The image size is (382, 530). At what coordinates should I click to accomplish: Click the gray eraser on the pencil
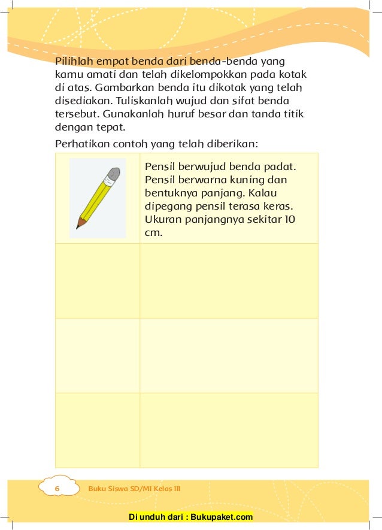click(112, 174)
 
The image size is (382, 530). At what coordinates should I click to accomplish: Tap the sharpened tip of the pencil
click(78, 226)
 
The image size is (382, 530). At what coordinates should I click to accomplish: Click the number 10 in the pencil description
click(289, 219)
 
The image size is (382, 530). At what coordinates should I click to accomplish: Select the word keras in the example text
click(284, 206)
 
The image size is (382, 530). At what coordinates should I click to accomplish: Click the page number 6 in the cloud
click(57, 489)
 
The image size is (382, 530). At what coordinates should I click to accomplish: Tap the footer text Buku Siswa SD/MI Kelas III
click(134, 489)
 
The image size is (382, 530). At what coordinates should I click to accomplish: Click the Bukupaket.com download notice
click(190, 517)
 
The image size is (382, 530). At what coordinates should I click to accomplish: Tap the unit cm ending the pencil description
click(153, 232)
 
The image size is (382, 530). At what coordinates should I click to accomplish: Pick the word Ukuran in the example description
click(161, 219)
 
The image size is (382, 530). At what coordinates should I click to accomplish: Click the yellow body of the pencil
click(96, 198)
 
